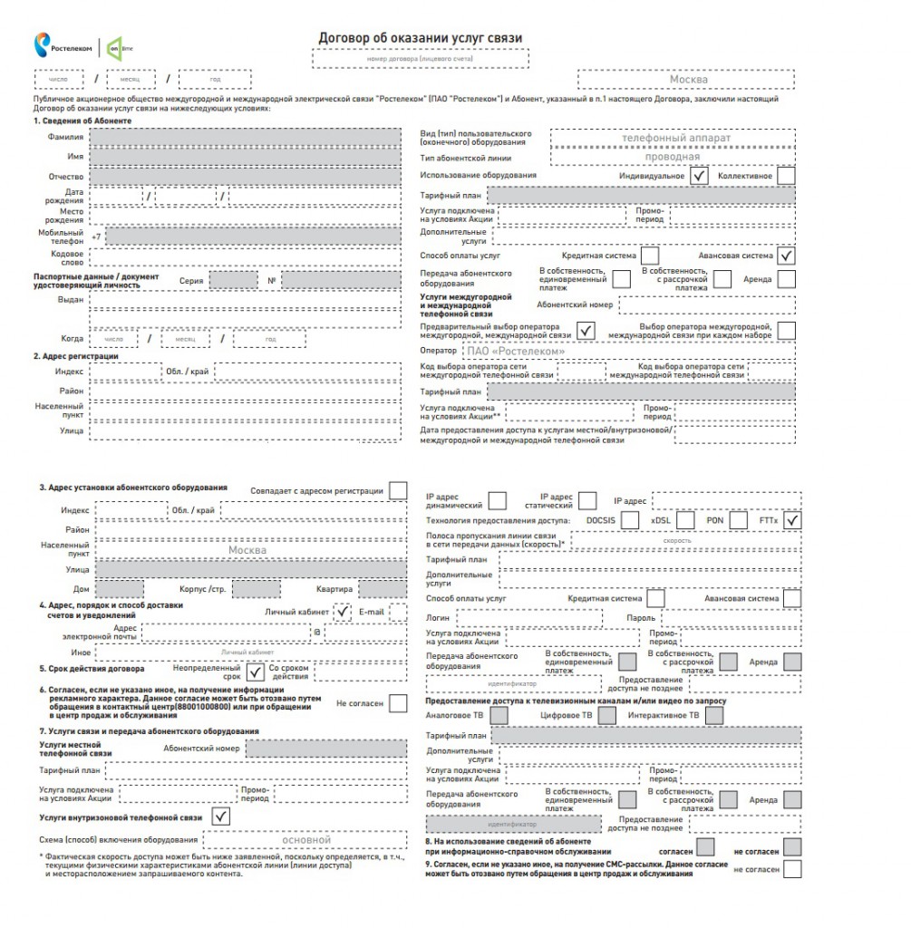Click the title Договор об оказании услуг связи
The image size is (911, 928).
pos(420,37)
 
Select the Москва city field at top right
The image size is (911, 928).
pos(688,80)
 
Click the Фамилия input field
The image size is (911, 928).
pos(245,137)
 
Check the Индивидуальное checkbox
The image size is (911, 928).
pos(698,176)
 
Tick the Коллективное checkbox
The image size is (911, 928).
pos(786,176)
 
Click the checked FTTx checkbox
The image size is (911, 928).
pos(793,521)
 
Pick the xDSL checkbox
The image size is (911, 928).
pos(685,521)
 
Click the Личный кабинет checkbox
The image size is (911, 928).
pos(343,613)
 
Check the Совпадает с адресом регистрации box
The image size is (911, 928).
pos(398,490)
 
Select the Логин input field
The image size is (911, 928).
pos(528,617)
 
